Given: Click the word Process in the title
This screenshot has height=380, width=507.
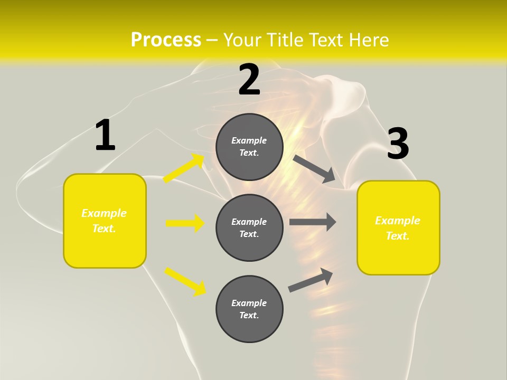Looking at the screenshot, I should (166, 40).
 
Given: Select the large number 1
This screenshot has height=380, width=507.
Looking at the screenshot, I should (105, 136).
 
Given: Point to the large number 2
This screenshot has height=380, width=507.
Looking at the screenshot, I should (249, 80).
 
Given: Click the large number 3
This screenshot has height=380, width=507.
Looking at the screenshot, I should (398, 144).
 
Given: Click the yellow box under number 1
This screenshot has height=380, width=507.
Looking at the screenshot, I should (105, 221).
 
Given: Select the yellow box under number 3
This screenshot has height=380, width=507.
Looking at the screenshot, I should (398, 228).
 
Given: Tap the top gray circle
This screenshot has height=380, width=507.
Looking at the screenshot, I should (249, 147).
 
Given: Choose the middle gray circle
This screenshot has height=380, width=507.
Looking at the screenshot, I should (249, 228).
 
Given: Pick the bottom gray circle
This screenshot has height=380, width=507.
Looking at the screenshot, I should (249, 309).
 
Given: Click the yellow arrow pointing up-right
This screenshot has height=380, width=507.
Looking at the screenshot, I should (184, 168).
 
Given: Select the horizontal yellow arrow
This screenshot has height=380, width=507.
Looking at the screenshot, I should (185, 223).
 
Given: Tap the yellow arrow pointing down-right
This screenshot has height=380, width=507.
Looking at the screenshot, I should (185, 281).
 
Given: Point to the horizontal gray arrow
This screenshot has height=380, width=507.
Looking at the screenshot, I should (313, 222).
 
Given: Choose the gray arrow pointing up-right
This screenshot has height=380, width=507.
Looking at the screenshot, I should (311, 280).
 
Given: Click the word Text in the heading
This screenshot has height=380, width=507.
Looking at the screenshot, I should (323, 40).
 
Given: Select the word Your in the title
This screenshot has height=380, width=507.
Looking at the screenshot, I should (241, 40).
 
